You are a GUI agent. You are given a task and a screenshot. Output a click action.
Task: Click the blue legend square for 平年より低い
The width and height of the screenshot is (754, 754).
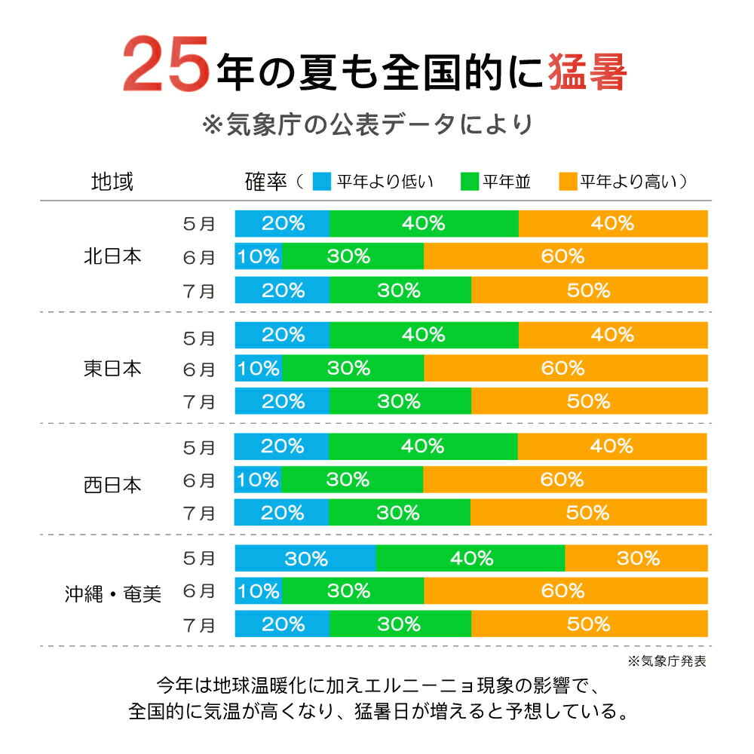pyautogui.click(x=320, y=182)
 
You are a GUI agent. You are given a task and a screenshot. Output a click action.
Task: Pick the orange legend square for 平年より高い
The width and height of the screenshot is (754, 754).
pyautogui.click(x=566, y=182)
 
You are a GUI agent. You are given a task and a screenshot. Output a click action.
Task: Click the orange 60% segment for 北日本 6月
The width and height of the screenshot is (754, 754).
pyautogui.click(x=565, y=256)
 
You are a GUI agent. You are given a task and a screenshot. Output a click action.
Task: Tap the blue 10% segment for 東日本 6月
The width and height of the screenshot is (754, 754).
pyautogui.click(x=259, y=368)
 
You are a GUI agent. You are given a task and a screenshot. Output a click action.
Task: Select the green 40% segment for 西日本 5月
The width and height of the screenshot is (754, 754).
pyautogui.click(x=423, y=446)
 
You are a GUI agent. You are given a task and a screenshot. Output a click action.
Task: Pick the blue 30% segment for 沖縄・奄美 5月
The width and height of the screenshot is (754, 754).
pyautogui.click(x=305, y=559)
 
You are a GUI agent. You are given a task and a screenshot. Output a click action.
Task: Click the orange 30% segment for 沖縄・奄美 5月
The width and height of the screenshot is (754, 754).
pyautogui.click(x=636, y=559)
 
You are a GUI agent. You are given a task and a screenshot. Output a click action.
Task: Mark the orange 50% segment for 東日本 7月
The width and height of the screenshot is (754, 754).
pyautogui.click(x=589, y=400)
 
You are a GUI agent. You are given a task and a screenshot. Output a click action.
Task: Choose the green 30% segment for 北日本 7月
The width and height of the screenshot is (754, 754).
pyautogui.click(x=400, y=290)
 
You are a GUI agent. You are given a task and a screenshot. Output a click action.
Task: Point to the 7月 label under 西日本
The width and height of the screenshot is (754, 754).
pyautogui.click(x=199, y=513)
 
